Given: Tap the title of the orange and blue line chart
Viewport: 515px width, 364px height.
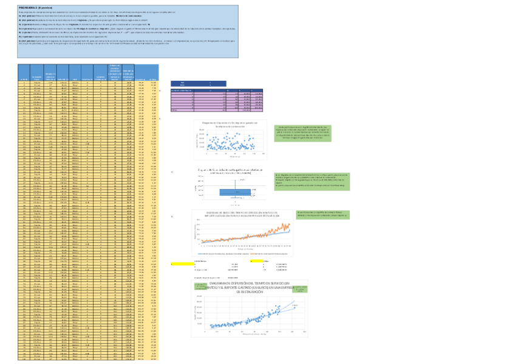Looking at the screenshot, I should coord(242,215).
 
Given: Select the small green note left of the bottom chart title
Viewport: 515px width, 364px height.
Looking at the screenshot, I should coord(199,287).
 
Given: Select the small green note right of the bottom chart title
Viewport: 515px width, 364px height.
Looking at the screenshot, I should coord(298,287).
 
